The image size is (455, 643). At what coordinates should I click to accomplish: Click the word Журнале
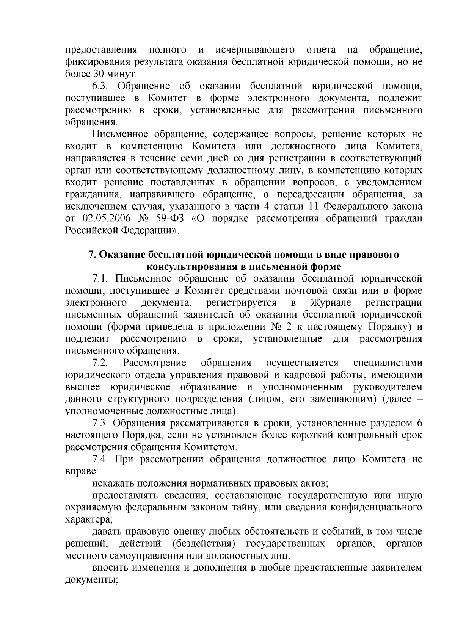pyautogui.click(x=331, y=303)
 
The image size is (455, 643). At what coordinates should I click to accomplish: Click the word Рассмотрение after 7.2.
pyautogui.click(x=154, y=363)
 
